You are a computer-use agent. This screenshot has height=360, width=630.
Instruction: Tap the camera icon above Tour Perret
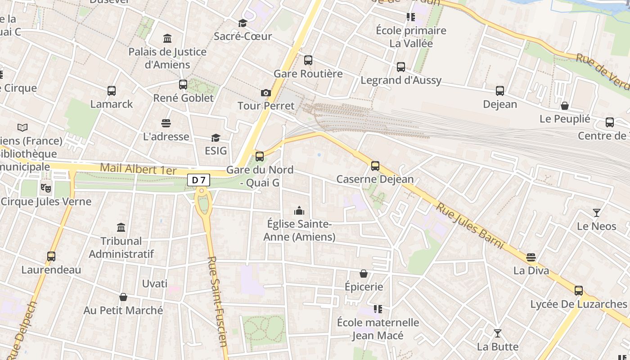(x=266, y=93)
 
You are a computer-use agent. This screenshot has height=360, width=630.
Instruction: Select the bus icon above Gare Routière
(x=308, y=60)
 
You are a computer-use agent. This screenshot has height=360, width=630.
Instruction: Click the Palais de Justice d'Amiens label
(x=167, y=58)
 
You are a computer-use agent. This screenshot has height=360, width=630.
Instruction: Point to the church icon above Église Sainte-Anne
(x=299, y=211)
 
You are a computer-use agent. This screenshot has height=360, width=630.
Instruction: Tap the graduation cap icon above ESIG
(x=216, y=138)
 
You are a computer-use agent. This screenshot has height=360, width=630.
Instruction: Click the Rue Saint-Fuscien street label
(x=218, y=301)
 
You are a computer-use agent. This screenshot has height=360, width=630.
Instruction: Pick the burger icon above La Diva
(x=531, y=257)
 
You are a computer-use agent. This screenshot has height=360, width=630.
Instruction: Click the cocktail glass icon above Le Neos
(x=597, y=213)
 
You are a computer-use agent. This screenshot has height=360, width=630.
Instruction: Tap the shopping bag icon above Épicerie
(x=364, y=274)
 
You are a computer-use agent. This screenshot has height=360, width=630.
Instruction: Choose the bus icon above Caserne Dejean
(x=375, y=166)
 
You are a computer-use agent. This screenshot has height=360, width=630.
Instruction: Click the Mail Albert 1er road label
(x=138, y=169)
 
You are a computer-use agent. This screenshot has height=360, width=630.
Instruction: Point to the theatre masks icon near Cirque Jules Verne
(x=45, y=187)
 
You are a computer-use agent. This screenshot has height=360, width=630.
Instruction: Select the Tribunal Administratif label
(x=121, y=247)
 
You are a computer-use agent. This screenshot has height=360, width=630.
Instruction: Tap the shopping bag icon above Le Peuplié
(x=565, y=106)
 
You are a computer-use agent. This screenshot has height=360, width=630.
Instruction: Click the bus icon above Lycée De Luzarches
(x=579, y=291)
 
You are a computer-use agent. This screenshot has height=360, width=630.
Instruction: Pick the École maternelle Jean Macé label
(x=378, y=329)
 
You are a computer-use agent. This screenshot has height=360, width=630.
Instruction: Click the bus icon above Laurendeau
(x=51, y=256)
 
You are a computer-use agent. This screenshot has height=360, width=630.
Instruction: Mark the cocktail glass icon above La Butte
(x=498, y=333)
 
